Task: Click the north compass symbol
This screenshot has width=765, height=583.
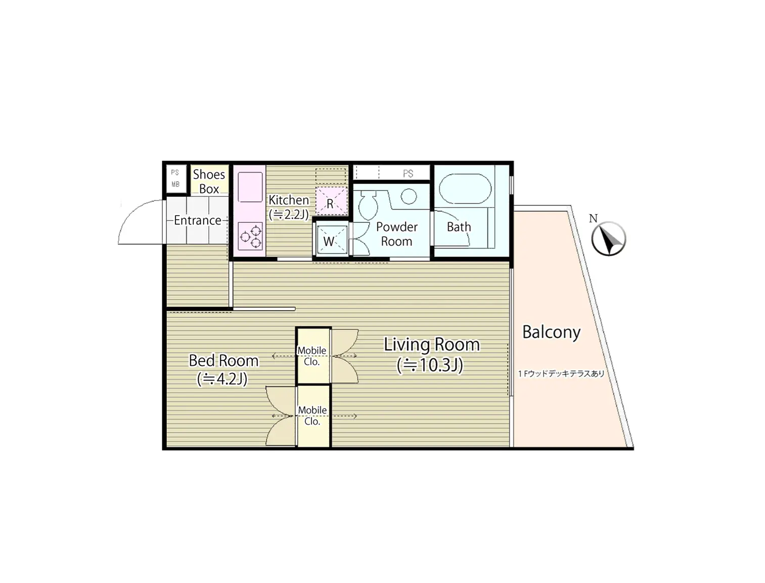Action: tap(608, 238)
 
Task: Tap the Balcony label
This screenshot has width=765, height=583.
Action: tap(551, 332)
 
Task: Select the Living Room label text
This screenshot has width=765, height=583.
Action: tap(431, 344)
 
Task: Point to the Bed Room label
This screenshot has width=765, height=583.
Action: tap(223, 360)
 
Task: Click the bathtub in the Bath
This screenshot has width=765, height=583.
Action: tap(465, 189)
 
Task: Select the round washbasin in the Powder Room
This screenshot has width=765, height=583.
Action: tap(409, 196)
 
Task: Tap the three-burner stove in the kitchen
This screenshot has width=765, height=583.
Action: tap(250, 236)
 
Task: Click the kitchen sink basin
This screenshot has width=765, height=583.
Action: tap(250, 187)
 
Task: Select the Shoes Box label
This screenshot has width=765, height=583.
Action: tap(209, 181)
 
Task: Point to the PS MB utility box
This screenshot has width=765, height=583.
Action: tap(175, 179)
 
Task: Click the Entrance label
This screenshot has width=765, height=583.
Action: tap(197, 220)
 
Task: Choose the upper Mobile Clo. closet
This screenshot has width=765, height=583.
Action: tap(312, 356)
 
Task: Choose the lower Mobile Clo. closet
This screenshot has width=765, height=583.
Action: tap(312, 415)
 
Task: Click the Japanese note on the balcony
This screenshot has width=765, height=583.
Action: tap(561, 373)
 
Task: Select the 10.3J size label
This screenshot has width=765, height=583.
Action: tap(430, 365)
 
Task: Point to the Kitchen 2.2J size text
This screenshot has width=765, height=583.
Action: tap(289, 214)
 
